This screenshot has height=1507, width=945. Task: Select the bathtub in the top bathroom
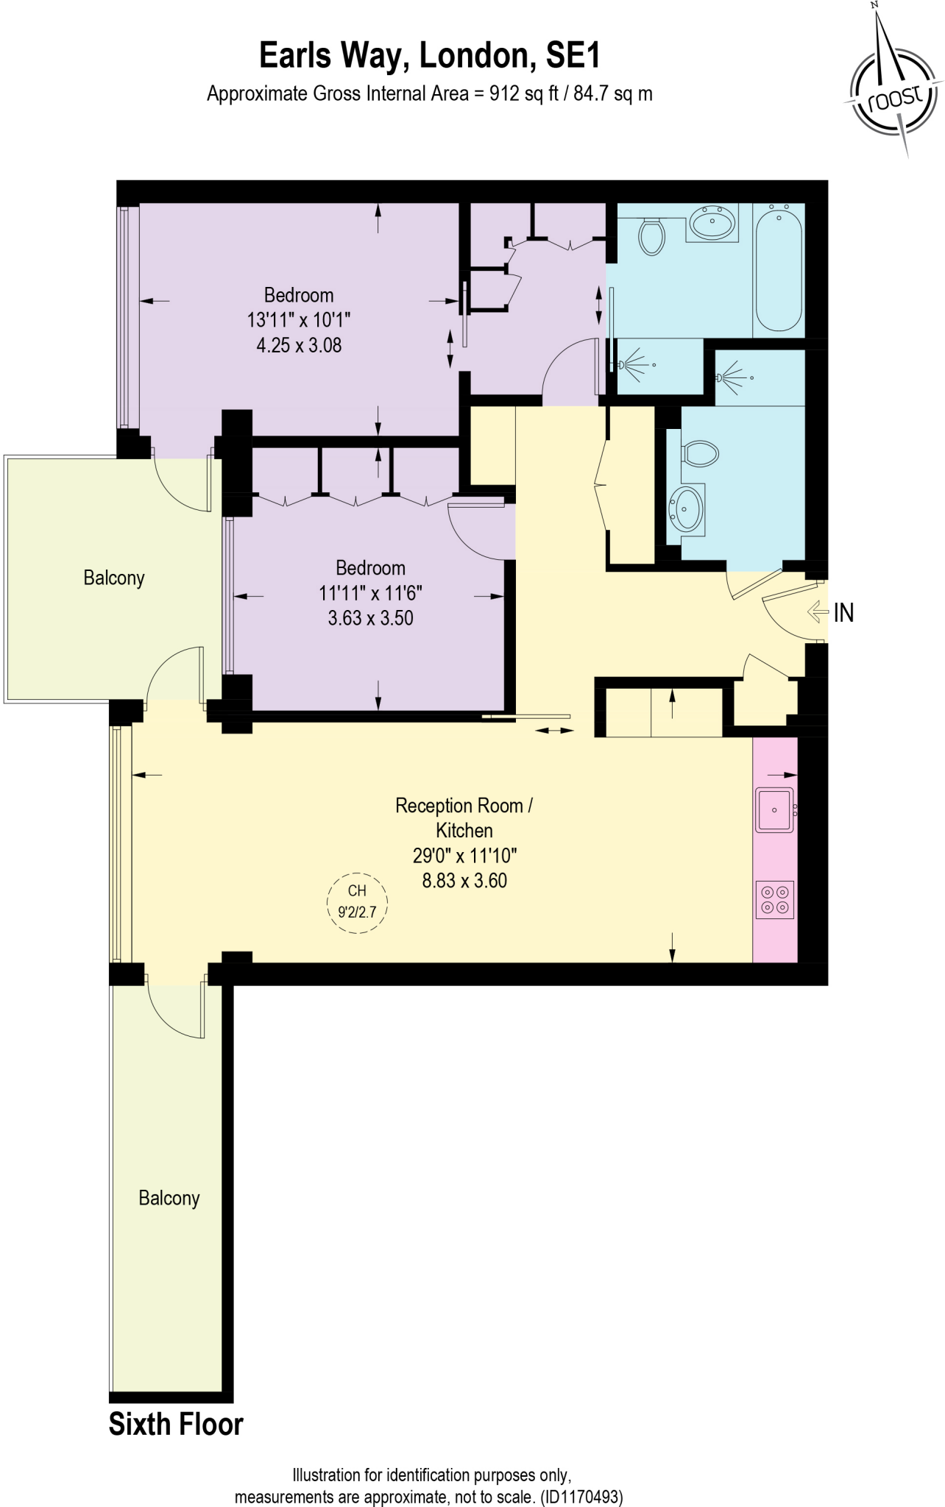(x=779, y=270)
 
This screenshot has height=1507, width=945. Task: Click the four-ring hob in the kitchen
(x=775, y=899)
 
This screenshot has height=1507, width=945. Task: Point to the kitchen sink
(x=774, y=810)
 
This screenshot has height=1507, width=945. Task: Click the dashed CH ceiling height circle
(x=357, y=902)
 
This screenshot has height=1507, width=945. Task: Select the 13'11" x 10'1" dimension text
(x=299, y=320)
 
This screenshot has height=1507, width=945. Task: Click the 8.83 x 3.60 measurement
(x=464, y=881)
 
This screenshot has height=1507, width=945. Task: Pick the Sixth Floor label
(x=176, y=1425)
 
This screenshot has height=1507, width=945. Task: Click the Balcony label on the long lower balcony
(x=169, y=1198)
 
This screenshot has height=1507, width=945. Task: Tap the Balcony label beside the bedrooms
(x=114, y=578)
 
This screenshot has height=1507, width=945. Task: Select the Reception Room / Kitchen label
(x=464, y=818)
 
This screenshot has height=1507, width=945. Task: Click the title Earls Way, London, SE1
(x=430, y=57)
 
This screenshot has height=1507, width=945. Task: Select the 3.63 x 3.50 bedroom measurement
(x=371, y=618)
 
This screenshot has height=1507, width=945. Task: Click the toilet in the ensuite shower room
(x=700, y=453)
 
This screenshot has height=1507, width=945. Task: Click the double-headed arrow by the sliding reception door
(x=554, y=731)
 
